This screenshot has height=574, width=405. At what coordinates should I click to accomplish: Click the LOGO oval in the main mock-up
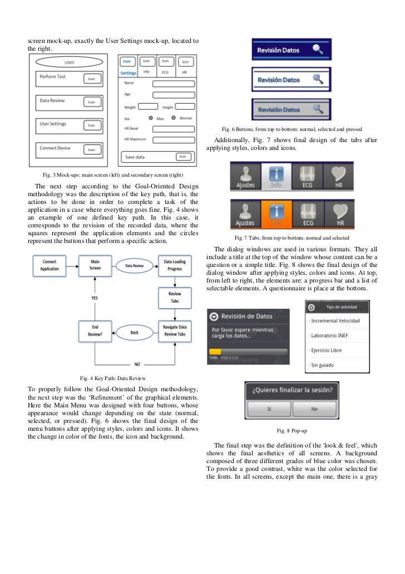tap(70, 62)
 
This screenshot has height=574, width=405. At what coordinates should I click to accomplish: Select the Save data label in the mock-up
tap(135, 157)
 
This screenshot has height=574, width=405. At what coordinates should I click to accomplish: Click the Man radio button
tap(151, 118)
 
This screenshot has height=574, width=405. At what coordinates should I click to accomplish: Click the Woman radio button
tap(174, 118)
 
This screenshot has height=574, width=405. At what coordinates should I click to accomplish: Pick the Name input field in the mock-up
tap(173, 84)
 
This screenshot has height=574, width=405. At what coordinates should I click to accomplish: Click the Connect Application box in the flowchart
tap(49, 265)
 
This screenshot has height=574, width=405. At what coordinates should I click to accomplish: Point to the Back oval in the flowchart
tap(134, 332)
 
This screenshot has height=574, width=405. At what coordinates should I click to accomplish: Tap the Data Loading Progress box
tap(174, 265)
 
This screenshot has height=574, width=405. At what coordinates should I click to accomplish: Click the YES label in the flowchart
tap(95, 298)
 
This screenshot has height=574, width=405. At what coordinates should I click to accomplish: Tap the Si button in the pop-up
tap(269, 408)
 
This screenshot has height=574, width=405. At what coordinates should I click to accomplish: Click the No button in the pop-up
tap(314, 408)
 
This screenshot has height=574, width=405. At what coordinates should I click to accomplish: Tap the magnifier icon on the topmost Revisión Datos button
tap(318, 50)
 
